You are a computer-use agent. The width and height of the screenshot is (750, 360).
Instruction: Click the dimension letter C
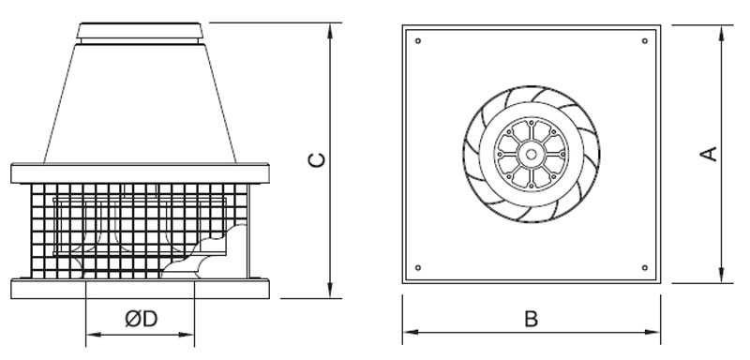[316, 159]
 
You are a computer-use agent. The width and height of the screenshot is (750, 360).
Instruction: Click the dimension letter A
[709, 154]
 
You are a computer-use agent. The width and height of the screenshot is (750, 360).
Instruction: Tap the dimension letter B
[531, 319]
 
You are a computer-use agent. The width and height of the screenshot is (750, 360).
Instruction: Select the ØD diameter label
[142, 319]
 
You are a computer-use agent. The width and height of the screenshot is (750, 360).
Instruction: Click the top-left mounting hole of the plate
[418, 40]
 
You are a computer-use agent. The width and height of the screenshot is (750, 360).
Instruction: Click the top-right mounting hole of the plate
[645, 40]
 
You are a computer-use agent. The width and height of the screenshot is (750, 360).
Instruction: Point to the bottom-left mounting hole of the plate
[418, 268]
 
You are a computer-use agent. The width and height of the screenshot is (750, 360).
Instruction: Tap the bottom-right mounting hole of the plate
[645, 268]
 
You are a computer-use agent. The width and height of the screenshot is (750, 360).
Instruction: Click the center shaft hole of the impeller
[531, 154]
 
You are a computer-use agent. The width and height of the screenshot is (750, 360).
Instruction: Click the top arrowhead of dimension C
[330, 31]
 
